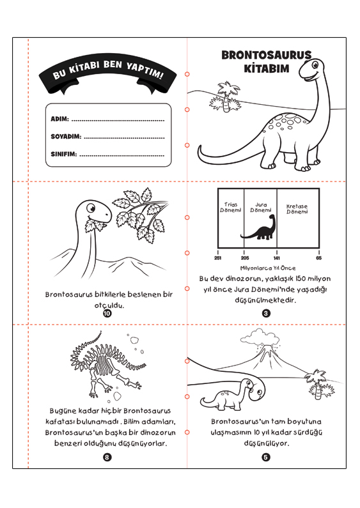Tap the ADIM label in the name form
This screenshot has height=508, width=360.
pos(59,119)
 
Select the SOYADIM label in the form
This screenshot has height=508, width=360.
pos(66,136)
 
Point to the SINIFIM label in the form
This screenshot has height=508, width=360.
pos(63,154)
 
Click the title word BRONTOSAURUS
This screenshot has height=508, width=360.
pos(266,55)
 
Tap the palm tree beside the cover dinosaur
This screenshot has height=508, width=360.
pos(227,96)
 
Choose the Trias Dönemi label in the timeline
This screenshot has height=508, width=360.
pos(231,207)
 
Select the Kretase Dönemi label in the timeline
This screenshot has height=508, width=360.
pos(297,209)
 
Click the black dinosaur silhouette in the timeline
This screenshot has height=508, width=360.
pos(259,228)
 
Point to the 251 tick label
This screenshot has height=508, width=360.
pos(217,258)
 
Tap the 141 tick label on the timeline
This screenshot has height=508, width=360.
pos(277,258)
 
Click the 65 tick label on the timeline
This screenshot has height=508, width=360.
pos(319,258)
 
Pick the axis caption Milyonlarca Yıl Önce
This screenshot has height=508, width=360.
pos(268,268)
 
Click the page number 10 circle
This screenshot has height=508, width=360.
pos(107,313)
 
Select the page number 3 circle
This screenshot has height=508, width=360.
pos(266,313)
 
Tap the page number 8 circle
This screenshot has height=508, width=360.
pos(107,457)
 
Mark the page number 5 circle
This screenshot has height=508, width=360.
pos(266,457)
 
